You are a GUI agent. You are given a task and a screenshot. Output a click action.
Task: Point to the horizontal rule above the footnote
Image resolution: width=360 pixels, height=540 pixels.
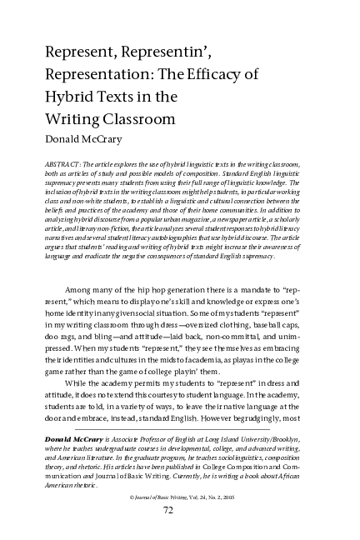pyautogui.click(x=179, y=430)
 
